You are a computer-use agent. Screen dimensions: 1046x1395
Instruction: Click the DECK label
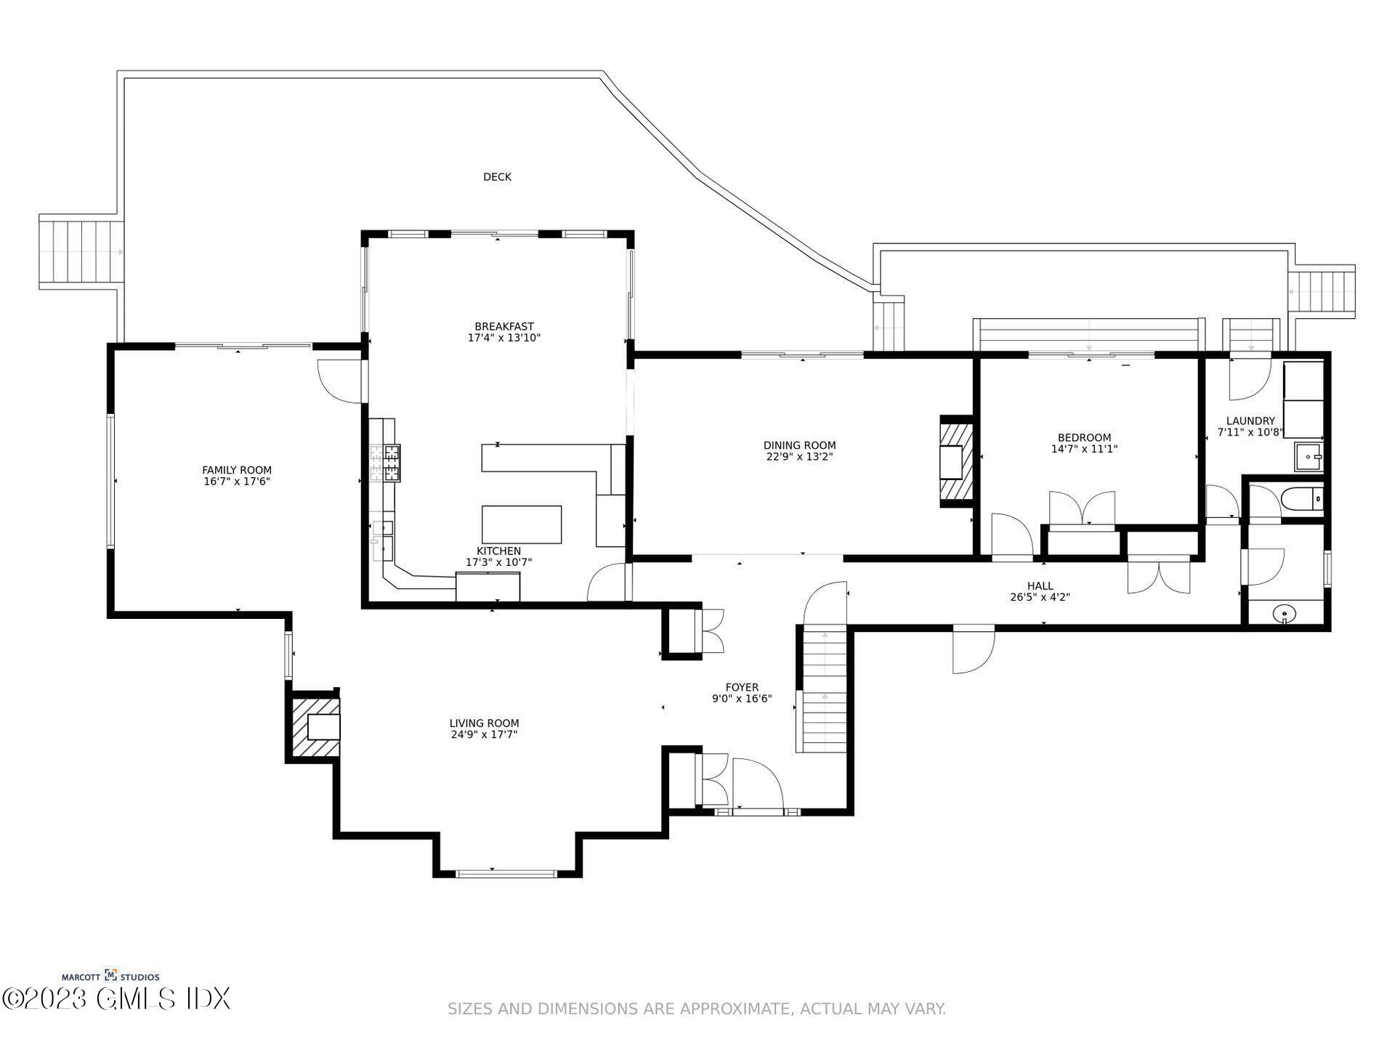[497, 177]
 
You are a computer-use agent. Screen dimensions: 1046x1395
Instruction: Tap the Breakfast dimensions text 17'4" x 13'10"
[504, 338]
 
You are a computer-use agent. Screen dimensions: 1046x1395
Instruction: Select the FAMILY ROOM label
[237, 470]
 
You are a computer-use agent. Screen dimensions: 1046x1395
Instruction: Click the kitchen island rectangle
[522, 524]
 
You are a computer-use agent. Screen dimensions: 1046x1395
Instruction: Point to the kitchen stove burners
[385, 463]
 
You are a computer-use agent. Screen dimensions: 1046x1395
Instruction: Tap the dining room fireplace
[955, 461]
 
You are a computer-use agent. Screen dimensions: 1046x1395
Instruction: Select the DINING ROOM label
[799, 445]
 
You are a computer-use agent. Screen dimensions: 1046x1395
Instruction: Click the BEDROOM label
[1084, 437]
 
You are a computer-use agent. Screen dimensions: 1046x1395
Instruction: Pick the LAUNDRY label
[1250, 421]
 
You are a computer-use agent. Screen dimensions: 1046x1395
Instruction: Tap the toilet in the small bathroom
[1303, 500]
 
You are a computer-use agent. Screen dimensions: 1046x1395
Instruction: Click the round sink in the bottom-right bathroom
[1285, 615]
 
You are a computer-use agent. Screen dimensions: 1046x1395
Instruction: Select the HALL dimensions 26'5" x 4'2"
[1040, 597]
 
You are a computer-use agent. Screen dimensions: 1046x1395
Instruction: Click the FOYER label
[742, 687]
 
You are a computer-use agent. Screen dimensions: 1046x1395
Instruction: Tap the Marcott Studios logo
[110, 976]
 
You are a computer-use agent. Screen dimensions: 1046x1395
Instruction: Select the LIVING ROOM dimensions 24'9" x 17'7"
[484, 734]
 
